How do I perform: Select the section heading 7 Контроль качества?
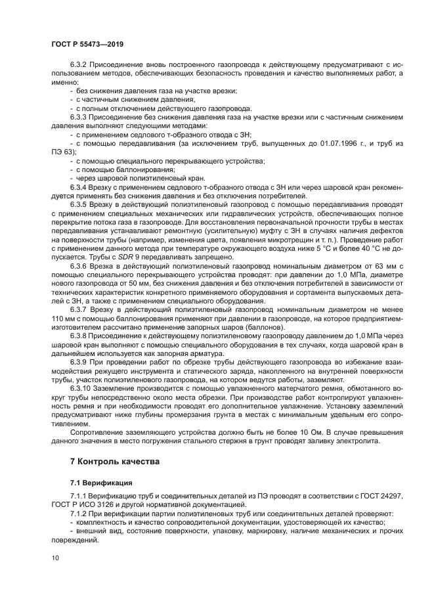pyautogui.click(x=114, y=461)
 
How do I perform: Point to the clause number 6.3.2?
pyautogui.click(x=80, y=65)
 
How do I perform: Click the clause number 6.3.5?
pyautogui.click(x=80, y=204)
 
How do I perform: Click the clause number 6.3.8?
pyautogui.click(x=80, y=335)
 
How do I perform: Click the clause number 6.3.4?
pyautogui.click(x=80, y=187)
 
